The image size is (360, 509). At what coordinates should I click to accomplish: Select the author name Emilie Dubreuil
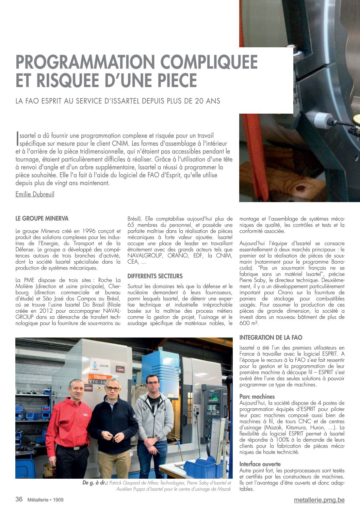(35, 194)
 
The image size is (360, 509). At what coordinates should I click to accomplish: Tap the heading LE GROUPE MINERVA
(42, 218)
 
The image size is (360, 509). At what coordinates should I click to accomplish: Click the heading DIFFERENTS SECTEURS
(155, 276)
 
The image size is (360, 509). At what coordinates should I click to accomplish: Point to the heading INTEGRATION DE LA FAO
(271, 338)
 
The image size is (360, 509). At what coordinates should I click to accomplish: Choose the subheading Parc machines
(257, 396)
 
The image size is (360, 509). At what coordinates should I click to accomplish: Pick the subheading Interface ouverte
(260, 464)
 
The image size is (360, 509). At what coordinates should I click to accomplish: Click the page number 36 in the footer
(19, 499)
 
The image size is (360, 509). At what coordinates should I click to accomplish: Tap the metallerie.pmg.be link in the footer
(319, 500)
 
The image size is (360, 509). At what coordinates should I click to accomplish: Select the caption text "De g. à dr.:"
(95, 483)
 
